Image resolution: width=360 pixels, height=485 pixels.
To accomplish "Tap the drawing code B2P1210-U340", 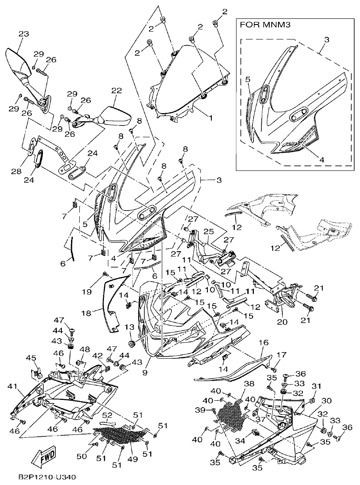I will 40,476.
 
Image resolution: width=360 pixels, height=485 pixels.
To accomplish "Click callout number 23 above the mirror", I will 24,34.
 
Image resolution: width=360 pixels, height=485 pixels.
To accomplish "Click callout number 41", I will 11,387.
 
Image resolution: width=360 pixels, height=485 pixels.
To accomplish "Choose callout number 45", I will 31,358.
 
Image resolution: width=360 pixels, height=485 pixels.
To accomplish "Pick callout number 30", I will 326,401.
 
